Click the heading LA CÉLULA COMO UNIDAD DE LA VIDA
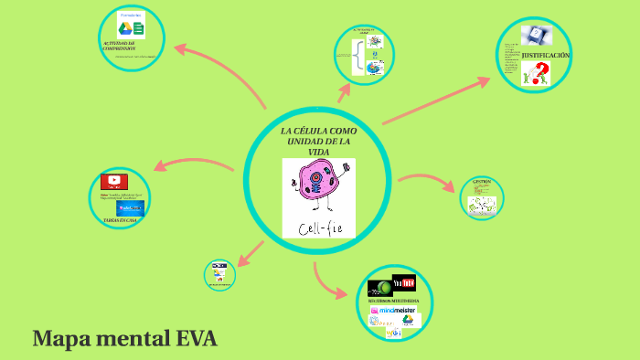tap(318, 142)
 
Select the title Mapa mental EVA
tap(124, 339)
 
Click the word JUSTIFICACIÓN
tap(547, 56)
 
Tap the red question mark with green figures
tap(536, 75)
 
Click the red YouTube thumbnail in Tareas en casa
tap(114, 181)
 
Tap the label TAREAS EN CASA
tap(121, 221)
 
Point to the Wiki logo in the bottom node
tap(394, 334)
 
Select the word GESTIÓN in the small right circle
tap(482, 182)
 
